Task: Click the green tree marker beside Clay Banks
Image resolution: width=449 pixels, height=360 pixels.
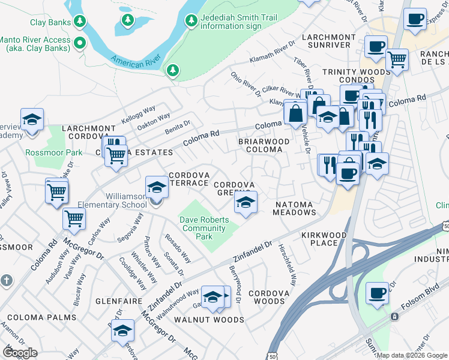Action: (79, 22)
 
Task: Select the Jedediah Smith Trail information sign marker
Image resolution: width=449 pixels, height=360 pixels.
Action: (191, 21)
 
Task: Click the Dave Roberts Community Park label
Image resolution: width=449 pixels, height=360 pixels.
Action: (205, 228)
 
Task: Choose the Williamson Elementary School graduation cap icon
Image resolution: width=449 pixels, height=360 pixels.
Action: (157, 187)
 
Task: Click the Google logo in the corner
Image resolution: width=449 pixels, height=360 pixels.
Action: (19, 352)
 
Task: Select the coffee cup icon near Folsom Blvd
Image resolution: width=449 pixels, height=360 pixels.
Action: (376, 294)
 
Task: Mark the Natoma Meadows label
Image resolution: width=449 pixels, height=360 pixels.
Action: (295, 208)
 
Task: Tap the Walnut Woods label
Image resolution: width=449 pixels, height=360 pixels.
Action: (208, 320)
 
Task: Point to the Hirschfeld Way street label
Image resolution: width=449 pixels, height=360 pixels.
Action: (288, 267)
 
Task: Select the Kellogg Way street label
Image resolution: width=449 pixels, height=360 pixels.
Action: (138, 113)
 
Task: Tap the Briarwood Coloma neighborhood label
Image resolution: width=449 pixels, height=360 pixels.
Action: (264, 146)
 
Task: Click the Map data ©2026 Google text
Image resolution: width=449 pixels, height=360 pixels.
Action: (411, 355)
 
